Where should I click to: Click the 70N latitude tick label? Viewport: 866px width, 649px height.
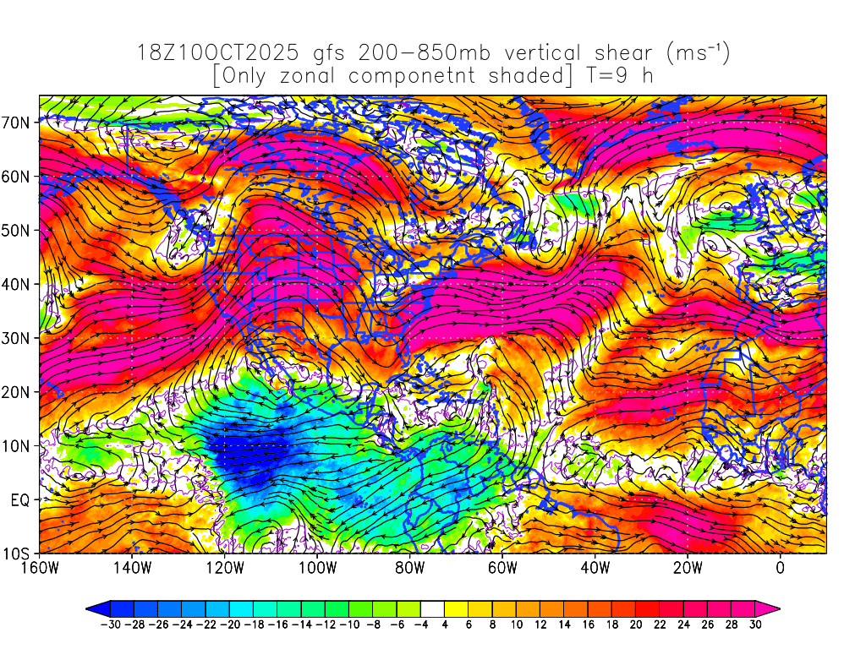coord(18,123)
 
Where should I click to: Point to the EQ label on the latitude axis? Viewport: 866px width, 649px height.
coord(20,500)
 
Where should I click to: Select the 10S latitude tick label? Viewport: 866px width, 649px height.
coord(18,554)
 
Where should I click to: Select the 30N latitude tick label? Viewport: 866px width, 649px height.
coord(18,338)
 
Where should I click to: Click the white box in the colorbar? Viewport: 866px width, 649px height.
coord(432,608)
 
